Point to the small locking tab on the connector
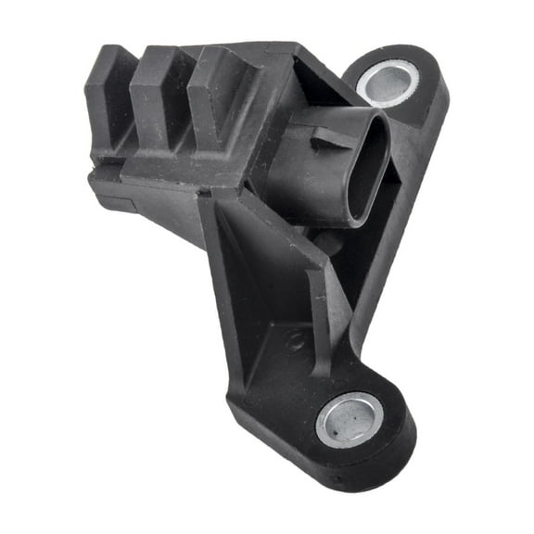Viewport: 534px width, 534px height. tap(327, 140)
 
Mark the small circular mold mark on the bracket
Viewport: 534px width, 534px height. tap(294, 340)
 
